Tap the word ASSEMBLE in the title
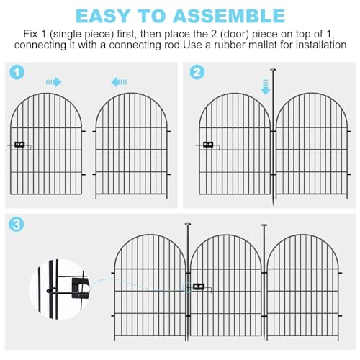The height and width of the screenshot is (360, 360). click(x=229, y=16)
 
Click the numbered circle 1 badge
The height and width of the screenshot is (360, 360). click(x=17, y=73)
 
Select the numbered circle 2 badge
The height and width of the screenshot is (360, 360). click(x=197, y=73)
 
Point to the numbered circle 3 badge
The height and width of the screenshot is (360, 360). click(x=17, y=225)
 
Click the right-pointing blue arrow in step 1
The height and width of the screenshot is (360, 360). click(x=54, y=82)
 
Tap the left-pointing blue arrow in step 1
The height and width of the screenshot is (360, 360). click(x=119, y=82)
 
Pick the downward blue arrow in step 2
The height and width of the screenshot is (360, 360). click(x=266, y=87)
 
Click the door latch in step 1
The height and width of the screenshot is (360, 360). click(x=19, y=145)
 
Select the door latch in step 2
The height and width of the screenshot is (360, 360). click(x=208, y=145)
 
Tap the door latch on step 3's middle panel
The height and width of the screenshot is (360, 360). click(x=199, y=287)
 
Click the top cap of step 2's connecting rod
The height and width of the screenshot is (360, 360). click(x=273, y=70)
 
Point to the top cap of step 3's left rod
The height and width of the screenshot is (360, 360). click(x=188, y=225)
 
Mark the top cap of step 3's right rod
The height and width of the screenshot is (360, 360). click(x=264, y=225)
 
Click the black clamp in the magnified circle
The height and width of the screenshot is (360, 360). click(x=81, y=288)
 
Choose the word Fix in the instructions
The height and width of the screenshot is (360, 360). click(x=30, y=34)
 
